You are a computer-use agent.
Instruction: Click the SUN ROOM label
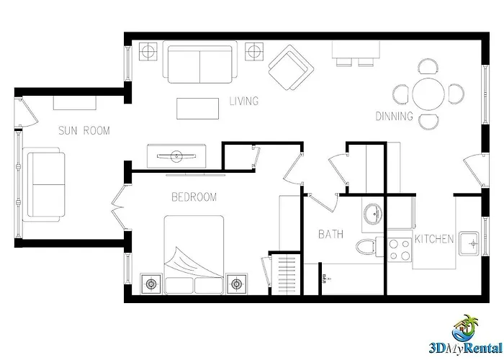click(x=84, y=130)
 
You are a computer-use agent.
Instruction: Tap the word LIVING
click(x=244, y=101)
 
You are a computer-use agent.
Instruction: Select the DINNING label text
click(x=395, y=116)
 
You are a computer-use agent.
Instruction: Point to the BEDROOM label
click(x=194, y=197)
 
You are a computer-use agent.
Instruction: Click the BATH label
click(x=330, y=234)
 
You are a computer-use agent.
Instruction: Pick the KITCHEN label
click(x=434, y=239)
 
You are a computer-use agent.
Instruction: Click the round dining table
click(x=428, y=94)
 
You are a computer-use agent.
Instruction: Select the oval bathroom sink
click(x=373, y=213)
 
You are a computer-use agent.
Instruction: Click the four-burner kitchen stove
click(x=400, y=250)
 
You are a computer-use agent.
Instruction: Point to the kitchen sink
click(x=469, y=243)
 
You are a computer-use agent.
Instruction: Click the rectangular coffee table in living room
click(x=198, y=109)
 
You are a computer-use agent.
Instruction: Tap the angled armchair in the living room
click(x=291, y=68)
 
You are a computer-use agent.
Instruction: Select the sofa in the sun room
click(x=44, y=184)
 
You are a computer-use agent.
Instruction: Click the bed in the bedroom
click(x=194, y=255)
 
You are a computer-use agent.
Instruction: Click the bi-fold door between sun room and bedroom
click(x=118, y=207)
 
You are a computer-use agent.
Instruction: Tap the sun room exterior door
click(x=27, y=112)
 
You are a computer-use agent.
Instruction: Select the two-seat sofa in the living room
click(x=200, y=63)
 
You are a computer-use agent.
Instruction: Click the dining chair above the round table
click(x=428, y=66)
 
